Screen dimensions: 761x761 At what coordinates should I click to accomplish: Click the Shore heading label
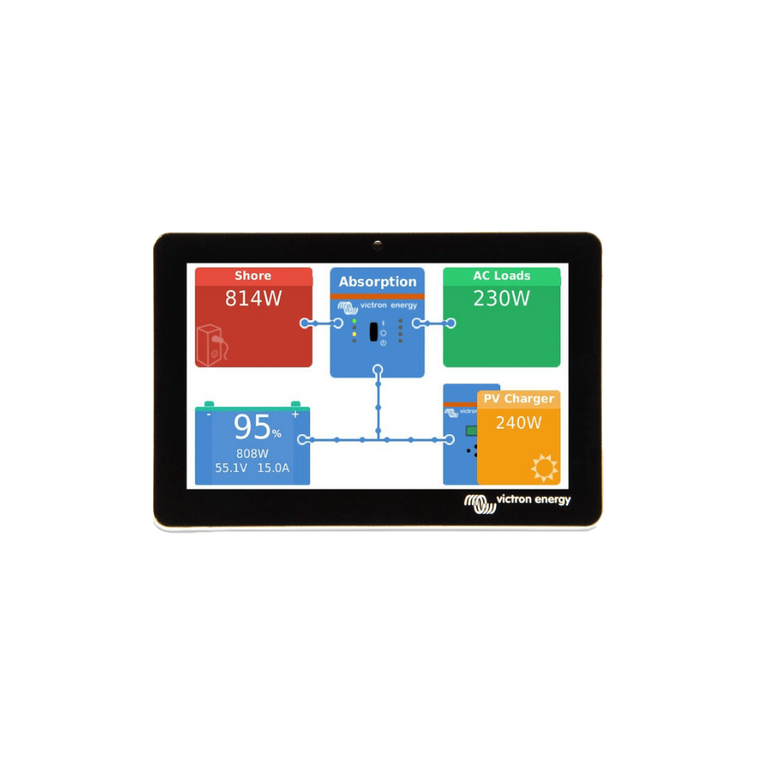coord(253,275)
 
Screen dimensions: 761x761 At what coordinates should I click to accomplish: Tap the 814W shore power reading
coord(253,298)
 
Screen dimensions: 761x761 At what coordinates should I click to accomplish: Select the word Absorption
coord(377,282)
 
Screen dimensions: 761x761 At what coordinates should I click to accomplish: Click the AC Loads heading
coord(501,275)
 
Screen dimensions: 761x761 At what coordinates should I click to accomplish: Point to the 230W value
coord(501,298)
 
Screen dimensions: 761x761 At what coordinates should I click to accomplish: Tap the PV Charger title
coord(519,399)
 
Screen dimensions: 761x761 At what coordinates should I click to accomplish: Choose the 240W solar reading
coord(519,423)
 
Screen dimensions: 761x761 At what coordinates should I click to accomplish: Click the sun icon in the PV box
coord(544,468)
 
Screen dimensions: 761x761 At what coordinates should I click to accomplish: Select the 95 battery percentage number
coord(252,427)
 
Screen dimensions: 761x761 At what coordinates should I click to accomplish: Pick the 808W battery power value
coord(253,454)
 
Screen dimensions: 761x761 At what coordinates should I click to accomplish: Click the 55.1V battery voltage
coord(231,468)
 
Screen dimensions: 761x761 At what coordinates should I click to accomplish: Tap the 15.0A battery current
coord(273,468)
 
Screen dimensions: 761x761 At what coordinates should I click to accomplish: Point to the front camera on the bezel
coord(377,245)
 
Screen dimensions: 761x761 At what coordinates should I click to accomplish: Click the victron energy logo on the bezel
coord(517,503)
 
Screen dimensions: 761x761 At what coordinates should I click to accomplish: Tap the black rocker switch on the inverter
coord(374,332)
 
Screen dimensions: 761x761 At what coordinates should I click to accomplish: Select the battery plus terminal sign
coord(295,415)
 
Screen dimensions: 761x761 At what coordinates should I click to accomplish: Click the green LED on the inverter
coord(355,321)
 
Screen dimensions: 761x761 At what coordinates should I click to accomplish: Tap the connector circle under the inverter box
coord(377,371)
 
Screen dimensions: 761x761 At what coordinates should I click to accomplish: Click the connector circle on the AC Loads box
coord(451,323)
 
